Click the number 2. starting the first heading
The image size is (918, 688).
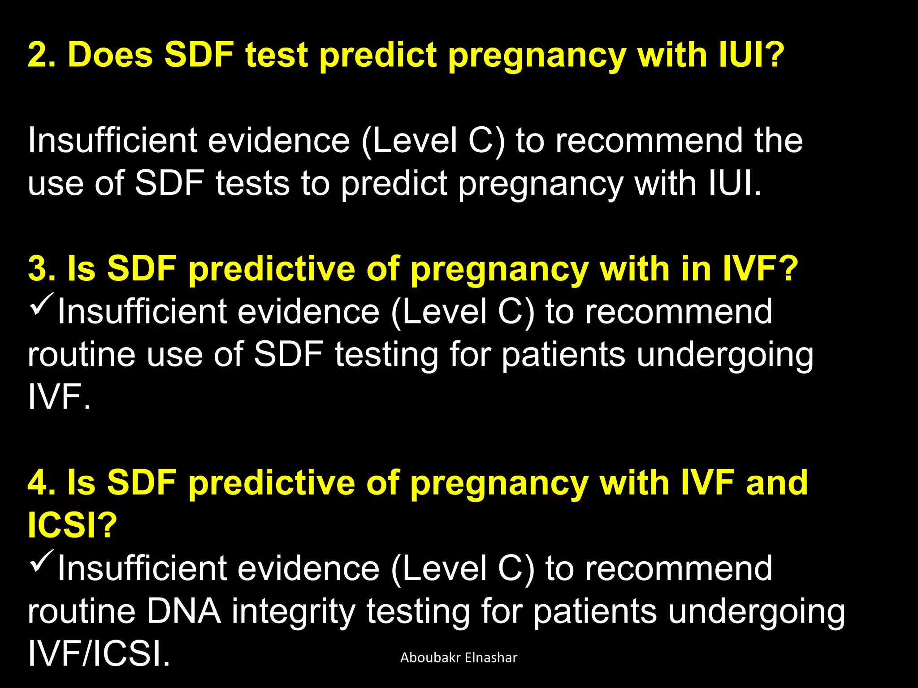(x=42, y=55)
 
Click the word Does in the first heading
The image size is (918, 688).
(x=110, y=55)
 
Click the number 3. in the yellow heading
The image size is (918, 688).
(x=42, y=269)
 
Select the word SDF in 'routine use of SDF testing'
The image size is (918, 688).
(x=288, y=354)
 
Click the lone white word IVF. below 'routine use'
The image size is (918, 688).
(x=59, y=397)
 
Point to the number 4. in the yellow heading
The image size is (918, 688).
(x=42, y=483)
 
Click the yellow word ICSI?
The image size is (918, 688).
(x=72, y=525)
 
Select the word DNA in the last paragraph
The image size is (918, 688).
(x=184, y=611)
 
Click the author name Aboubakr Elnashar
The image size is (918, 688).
(x=459, y=658)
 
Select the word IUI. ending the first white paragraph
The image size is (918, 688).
(x=735, y=183)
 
